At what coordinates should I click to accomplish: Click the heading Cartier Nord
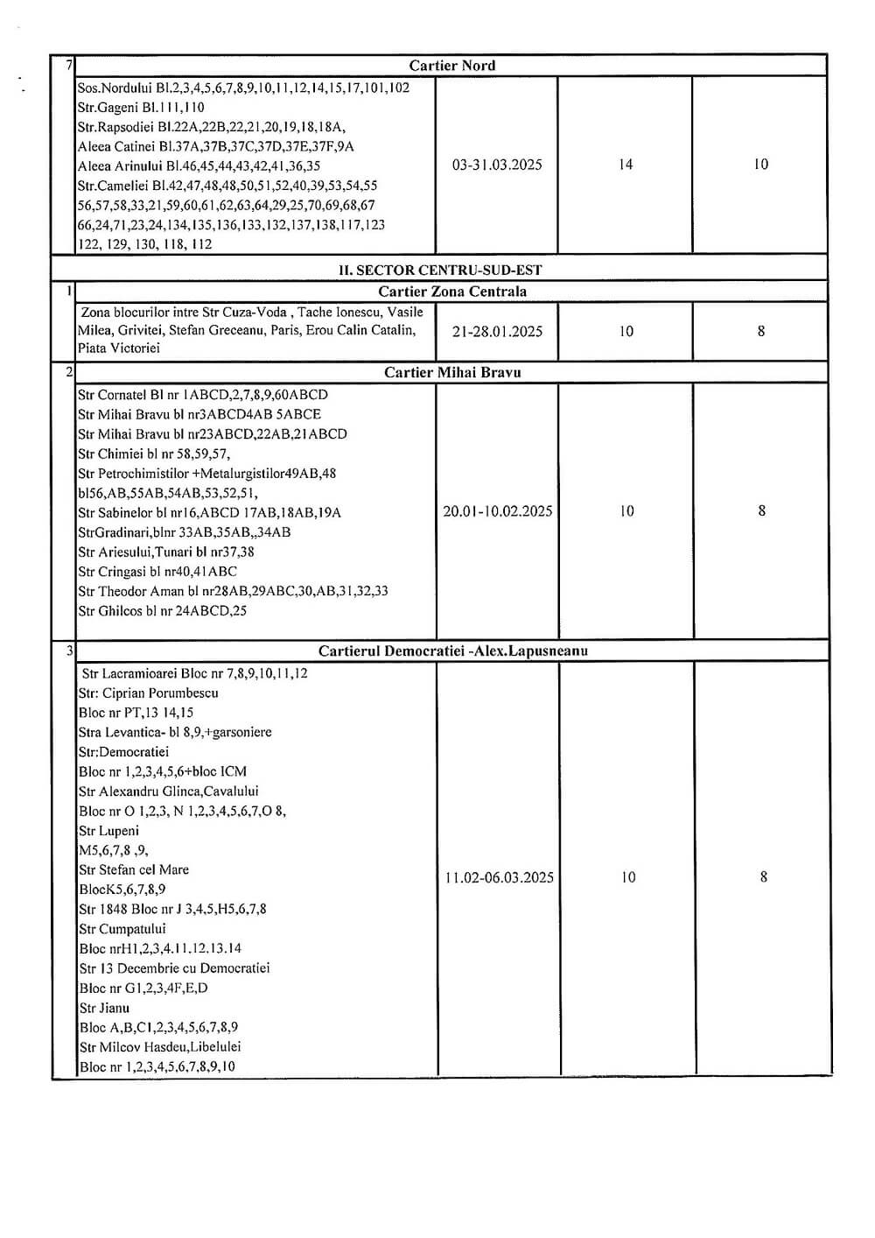(451, 66)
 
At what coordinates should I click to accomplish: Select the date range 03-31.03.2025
(497, 165)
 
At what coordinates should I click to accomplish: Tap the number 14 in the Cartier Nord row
(626, 165)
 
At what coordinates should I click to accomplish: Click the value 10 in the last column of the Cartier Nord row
(760, 165)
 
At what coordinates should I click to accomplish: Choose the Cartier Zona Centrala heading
(451, 292)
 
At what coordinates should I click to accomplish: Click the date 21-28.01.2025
(497, 332)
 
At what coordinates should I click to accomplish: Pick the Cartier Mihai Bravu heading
(452, 373)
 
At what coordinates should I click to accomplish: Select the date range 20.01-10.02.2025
(497, 511)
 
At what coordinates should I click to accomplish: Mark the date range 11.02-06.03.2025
(499, 877)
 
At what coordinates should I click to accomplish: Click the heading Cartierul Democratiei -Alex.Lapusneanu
(452, 651)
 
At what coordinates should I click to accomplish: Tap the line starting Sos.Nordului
(243, 88)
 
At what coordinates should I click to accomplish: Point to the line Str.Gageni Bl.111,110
(141, 108)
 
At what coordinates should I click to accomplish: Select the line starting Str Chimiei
(154, 454)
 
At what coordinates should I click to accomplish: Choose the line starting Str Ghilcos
(162, 611)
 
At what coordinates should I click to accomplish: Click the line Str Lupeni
(108, 831)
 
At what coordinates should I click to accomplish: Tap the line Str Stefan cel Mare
(134, 870)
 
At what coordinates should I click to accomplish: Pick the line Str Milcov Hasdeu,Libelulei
(159, 1047)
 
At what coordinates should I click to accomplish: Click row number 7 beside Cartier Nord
(68, 66)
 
